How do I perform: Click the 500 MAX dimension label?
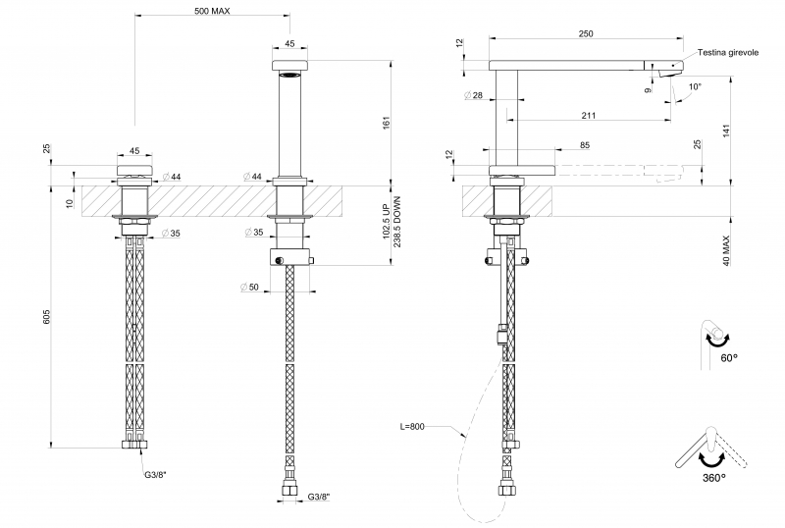click(x=212, y=11)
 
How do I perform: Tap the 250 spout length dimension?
click(x=586, y=33)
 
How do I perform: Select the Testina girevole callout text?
click(x=728, y=53)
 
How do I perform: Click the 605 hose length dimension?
click(x=46, y=317)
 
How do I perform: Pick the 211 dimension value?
click(x=588, y=115)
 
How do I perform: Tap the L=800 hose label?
click(x=411, y=427)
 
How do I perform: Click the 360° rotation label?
click(x=713, y=477)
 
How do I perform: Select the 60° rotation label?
click(x=729, y=357)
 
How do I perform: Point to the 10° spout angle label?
click(x=695, y=86)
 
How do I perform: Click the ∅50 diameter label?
click(x=249, y=287)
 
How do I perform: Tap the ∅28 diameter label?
click(x=473, y=95)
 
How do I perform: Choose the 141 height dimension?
click(x=726, y=132)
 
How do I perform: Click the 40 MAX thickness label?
click(x=726, y=250)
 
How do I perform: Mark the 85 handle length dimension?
click(x=585, y=145)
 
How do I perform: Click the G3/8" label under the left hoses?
click(x=155, y=474)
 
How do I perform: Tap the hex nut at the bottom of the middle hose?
click(x=289, y=490)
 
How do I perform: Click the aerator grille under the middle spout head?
click(x=289, y=76)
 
